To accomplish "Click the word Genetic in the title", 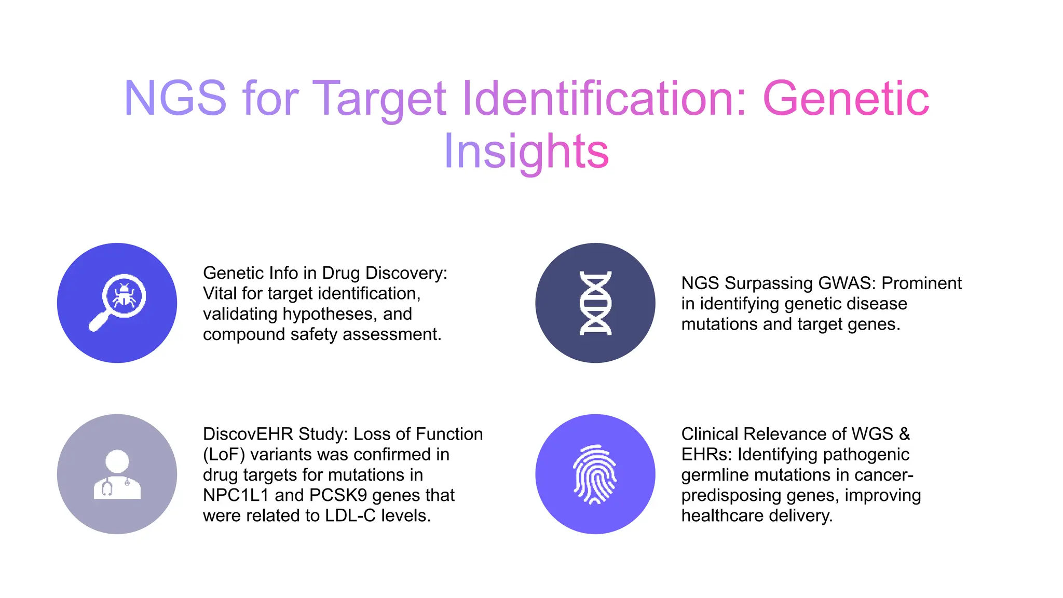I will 846,98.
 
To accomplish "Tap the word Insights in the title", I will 526,151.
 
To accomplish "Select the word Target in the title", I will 380,98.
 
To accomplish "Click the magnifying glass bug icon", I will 117,303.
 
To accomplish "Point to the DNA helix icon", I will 595,303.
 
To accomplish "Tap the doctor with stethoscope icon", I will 117,474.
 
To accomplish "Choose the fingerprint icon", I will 595,474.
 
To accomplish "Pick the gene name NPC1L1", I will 236,495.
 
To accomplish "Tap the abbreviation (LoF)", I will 224,455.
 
